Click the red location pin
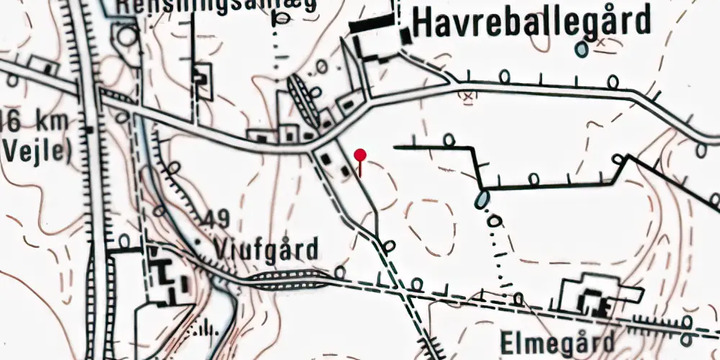[x=361, y=155]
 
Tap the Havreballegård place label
[x=532, y=22]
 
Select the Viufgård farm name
[x=266, y=249]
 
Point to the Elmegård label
[x=559, y=341]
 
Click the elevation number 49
[x=212, y=217]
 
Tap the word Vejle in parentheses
[x=36, y=151]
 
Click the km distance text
[x=36, y=120]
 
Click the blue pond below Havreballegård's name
[x=580, y=50]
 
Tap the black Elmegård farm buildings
[x=595, y=300]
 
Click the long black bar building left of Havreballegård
[x=372, y=24]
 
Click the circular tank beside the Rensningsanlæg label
[x=128, y=36]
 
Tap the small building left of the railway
[x=48, y=67]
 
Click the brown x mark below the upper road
[x=468, y=95]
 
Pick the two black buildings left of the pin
[x=335, y=163]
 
